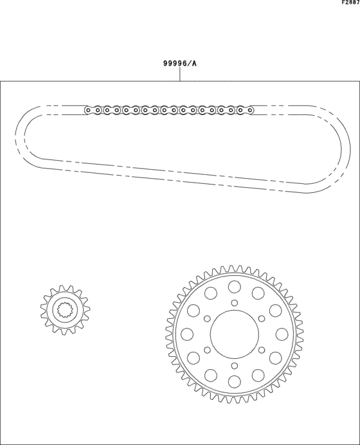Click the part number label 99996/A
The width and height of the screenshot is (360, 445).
pos(179,64)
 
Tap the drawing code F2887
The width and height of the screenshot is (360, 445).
pos(350,3)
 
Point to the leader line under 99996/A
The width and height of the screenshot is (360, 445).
pos(180,75)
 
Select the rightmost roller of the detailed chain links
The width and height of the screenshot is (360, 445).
pos(249,110)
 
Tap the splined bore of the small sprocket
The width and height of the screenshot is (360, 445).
pos(65,311)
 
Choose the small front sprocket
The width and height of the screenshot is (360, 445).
pos(65,311)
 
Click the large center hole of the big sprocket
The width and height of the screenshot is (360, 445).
pos(234,334)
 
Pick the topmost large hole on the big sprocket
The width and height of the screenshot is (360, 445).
pos(234,286)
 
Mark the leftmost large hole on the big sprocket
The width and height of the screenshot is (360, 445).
pos(187,334)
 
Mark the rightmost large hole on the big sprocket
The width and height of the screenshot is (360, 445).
pos(282,334)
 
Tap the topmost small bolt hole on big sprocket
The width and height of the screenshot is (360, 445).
pos(234,303)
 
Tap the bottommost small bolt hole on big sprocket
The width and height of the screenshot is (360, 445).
pos(234,365)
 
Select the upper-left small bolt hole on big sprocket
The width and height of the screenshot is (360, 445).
pos(207,318)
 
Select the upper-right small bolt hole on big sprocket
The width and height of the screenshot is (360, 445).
pos(261,318)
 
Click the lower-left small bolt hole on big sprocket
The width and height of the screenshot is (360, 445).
pos(207,350)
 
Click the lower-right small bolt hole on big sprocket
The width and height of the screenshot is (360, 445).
pos(261,350)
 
